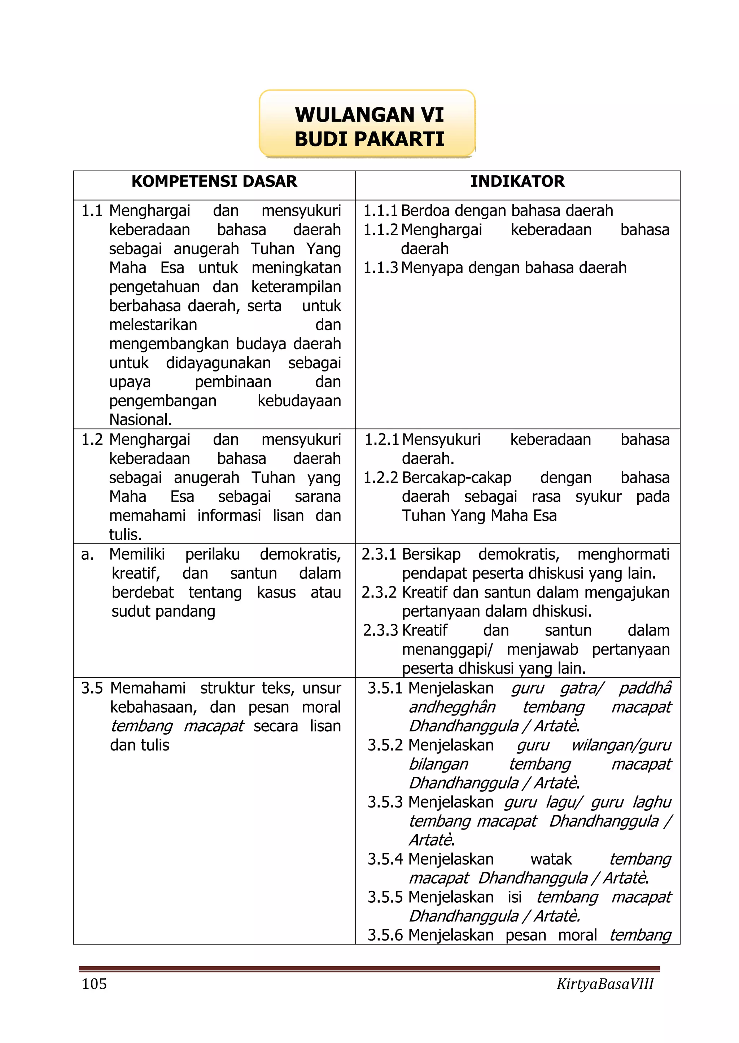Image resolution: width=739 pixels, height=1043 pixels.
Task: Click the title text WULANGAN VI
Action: (369, 115)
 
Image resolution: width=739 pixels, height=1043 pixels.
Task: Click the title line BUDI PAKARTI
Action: (369, 139)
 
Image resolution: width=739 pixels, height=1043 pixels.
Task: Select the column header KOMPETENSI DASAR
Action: (214, 181)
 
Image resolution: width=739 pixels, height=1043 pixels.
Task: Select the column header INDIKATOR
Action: (517, 181)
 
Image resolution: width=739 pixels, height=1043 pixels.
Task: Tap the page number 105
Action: (94, 984)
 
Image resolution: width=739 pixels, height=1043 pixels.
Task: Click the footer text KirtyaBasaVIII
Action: (605, 984)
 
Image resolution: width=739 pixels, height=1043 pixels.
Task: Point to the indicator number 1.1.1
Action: (380, 211)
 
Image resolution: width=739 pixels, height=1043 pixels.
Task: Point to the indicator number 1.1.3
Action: (380, 268)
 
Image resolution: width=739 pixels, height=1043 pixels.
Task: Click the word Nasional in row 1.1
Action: (140, 420)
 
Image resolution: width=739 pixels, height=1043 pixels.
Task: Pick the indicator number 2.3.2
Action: (379, 593)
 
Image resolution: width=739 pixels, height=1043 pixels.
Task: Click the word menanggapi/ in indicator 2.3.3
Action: (447, 650)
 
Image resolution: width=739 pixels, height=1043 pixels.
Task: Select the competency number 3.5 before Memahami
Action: (92, 688)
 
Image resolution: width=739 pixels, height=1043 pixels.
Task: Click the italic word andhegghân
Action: (451, 707)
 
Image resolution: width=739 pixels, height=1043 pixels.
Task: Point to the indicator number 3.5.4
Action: (385, 859)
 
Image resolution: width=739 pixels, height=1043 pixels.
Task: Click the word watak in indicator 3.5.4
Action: (551, 859)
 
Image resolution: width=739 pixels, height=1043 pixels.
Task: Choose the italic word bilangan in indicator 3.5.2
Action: (438, 764)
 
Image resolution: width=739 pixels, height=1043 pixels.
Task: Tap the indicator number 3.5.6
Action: (385, 935)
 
